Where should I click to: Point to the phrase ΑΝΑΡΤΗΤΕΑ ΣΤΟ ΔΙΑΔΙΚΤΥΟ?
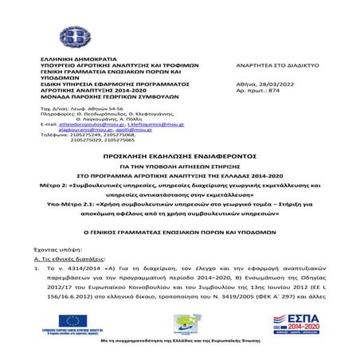point(277,64)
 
